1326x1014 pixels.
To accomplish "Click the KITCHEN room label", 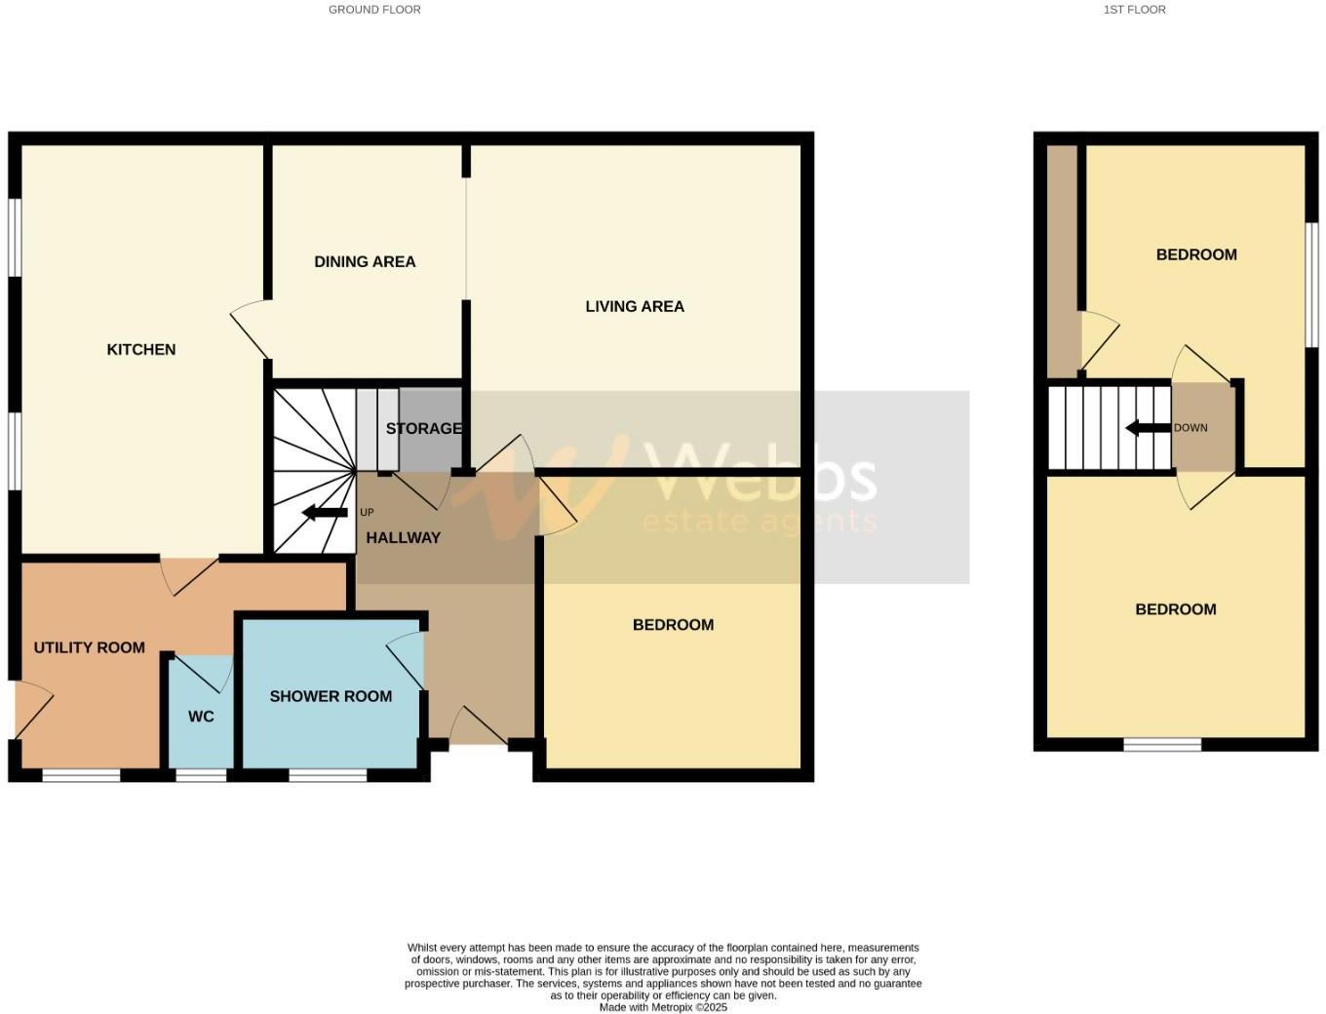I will tap(141, 349).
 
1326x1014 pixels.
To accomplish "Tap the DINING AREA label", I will tap(365, 261).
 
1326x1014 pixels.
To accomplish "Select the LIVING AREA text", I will tap(635, 306).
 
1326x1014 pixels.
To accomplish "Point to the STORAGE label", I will tap(423, 428).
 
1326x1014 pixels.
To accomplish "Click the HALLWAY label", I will tap(403, 537).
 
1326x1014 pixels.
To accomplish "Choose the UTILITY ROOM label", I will tap(89, 647).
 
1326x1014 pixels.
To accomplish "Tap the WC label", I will tap(201, 717).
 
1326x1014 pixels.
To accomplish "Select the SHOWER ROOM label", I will tap(331, 696).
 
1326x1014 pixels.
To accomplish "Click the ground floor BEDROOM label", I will tap(673, 625).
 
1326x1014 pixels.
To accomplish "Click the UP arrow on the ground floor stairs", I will tap(325, 513).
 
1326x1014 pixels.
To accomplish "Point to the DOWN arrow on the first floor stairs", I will tap(1148, 428).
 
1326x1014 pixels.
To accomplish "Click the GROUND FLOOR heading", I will tap(374, 10).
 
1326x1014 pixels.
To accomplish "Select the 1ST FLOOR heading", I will tap(1134, 10).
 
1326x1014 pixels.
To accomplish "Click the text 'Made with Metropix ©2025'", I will tap(663, 1007).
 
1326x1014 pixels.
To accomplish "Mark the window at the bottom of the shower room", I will tap(328, 775).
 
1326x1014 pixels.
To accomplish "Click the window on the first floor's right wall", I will tap(1312, 284).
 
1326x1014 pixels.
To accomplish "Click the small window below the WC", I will tap(201, 775).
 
